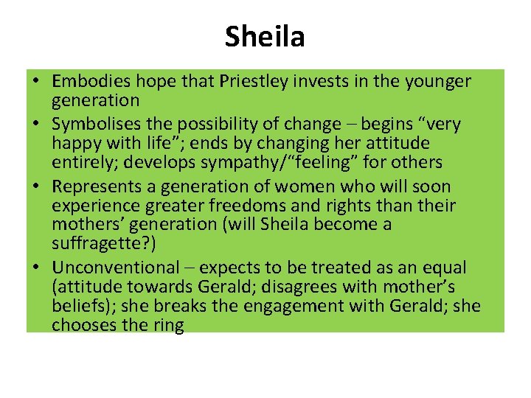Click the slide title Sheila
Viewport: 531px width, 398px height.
click(x=265, y=35)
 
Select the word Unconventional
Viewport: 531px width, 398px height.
click(x=115, y=268)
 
